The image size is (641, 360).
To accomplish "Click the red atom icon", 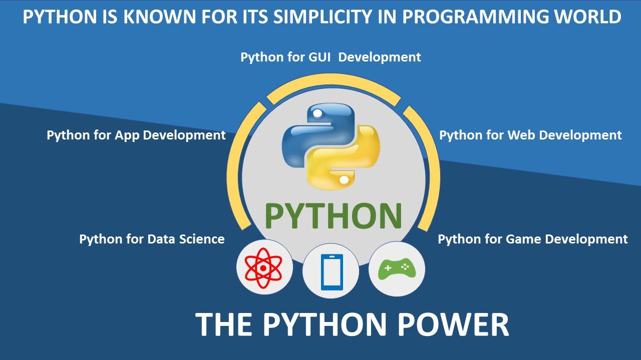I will pyautogui.click(x=264, y=269).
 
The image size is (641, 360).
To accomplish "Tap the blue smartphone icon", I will pyautogui.click(x=331, y=272).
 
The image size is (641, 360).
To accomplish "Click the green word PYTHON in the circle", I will pyautogui.click(x=333, y=216).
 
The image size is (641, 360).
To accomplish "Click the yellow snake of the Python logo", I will pyautogui.click(x=351, y=160).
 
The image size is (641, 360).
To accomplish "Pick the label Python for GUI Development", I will pyautogui.click(x=331, y=57).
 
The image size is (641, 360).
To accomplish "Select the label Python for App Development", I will pyautogui.click(x=136, y=135).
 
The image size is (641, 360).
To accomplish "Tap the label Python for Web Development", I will pyautogui.click(x=530, y=135).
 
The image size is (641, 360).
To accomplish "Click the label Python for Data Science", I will pyautogui.click(x=152, y=239).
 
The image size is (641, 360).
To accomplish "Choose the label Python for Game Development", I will pyautogui.click(x=532, y=239).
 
